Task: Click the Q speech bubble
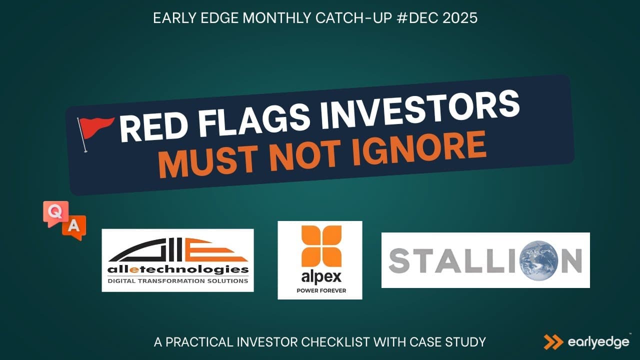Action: click(56, 213)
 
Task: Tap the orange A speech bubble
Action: click(74, 227)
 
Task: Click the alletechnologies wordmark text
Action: click(178, 269)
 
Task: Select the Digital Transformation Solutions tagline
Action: click(177, 281)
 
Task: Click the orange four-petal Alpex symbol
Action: click(321, 246)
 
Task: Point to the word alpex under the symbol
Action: click(321, 277)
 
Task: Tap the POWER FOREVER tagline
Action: click(321, 291)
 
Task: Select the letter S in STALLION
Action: click(399, 260)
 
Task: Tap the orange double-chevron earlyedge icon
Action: click(553, 342)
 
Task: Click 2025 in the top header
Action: click(460, 18)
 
